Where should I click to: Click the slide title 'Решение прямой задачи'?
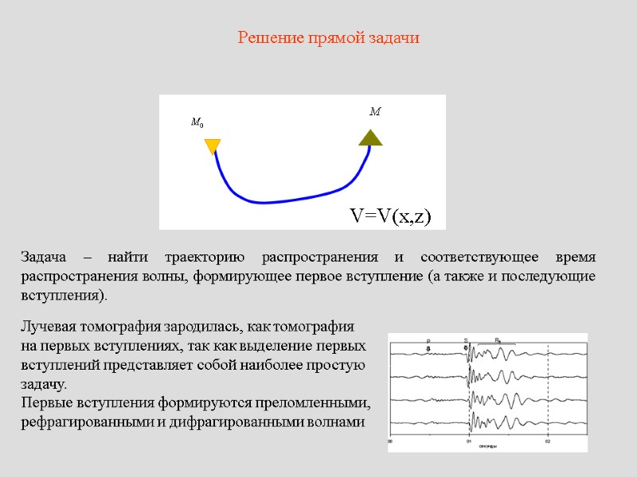click(329, 37)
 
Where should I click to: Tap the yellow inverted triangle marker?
click(213, 146)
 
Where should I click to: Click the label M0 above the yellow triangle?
click(197, 123)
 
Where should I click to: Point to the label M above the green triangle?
click(374, 113)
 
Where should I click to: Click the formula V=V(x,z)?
click(390, 215)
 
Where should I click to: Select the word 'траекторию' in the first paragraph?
click(203, 258)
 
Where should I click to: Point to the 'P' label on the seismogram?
click(428, 341)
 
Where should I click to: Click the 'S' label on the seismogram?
click(466, 341)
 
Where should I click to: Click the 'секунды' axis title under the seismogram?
click(487, 447)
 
